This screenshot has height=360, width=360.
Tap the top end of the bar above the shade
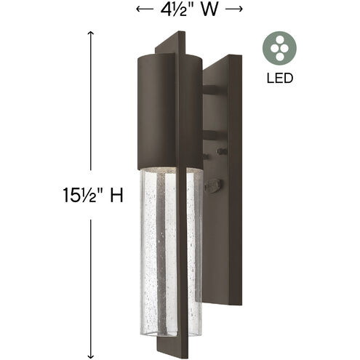point(188,34)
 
